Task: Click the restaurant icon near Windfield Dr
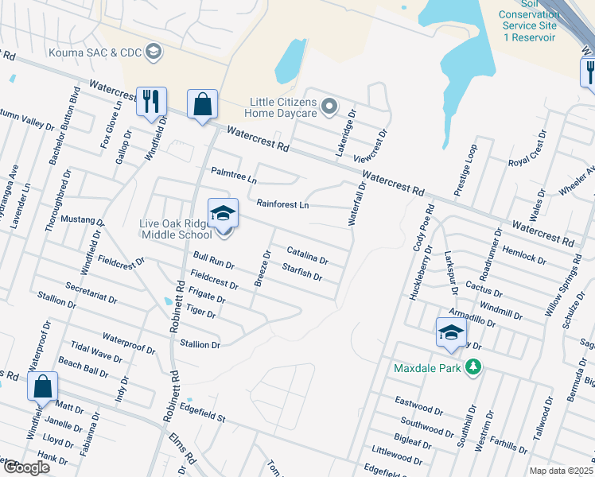(151, 102)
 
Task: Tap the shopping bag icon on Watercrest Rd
(202, 104)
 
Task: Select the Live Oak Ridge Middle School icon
(224, 213)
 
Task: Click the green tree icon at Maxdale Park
(474, 366)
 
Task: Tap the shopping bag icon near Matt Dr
(43, 386)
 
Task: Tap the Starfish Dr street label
(301, 272)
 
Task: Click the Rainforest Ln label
(282, 204)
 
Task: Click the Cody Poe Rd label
(423, 228)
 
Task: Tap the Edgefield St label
(203, 413)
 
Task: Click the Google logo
(26, 467)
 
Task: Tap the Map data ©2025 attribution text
(561, 471)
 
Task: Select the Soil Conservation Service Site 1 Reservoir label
(528, 25)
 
